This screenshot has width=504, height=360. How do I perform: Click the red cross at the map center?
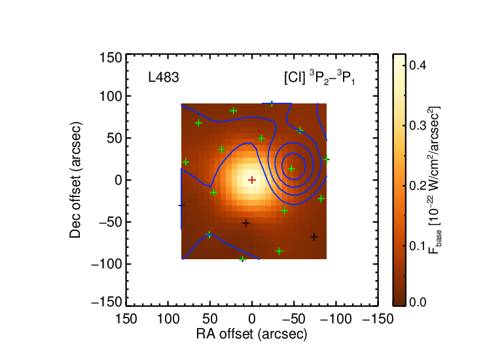pos(252,180)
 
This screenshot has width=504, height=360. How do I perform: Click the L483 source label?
pos(163,78)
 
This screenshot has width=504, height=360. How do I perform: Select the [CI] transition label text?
pos(319,78)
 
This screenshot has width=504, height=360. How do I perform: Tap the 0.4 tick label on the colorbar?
pos(418,65)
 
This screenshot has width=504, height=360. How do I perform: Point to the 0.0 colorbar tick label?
pos(418,302)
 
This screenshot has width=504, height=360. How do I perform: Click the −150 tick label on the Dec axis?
pos(107,302)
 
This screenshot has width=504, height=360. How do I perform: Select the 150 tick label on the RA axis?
pos(126,319)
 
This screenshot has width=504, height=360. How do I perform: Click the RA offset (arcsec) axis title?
pos(252,334)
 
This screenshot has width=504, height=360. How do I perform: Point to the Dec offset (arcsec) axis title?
pos(75,180)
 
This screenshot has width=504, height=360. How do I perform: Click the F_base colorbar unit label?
pos(434,180)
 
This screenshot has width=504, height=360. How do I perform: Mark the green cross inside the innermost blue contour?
pos(291,169)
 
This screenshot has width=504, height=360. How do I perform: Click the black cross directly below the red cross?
pos(246,223)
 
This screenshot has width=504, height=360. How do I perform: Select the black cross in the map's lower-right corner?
pos(314,237)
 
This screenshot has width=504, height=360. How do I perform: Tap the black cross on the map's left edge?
pos(182,206)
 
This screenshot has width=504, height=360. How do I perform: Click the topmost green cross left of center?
pos(234,111)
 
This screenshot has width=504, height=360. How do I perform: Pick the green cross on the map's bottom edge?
pos(243,259)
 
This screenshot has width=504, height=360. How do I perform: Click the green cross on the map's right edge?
pos(326,160)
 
